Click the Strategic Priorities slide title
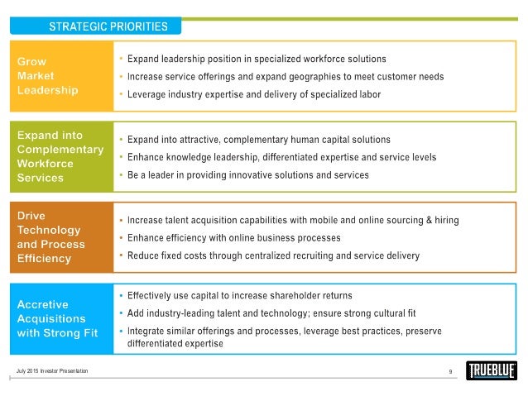pos(108,26)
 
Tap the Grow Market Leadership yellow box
pos(57,75)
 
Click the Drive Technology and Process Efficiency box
pos(59,236)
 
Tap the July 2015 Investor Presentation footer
pos(52,370)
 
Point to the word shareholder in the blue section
pos(277,295)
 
